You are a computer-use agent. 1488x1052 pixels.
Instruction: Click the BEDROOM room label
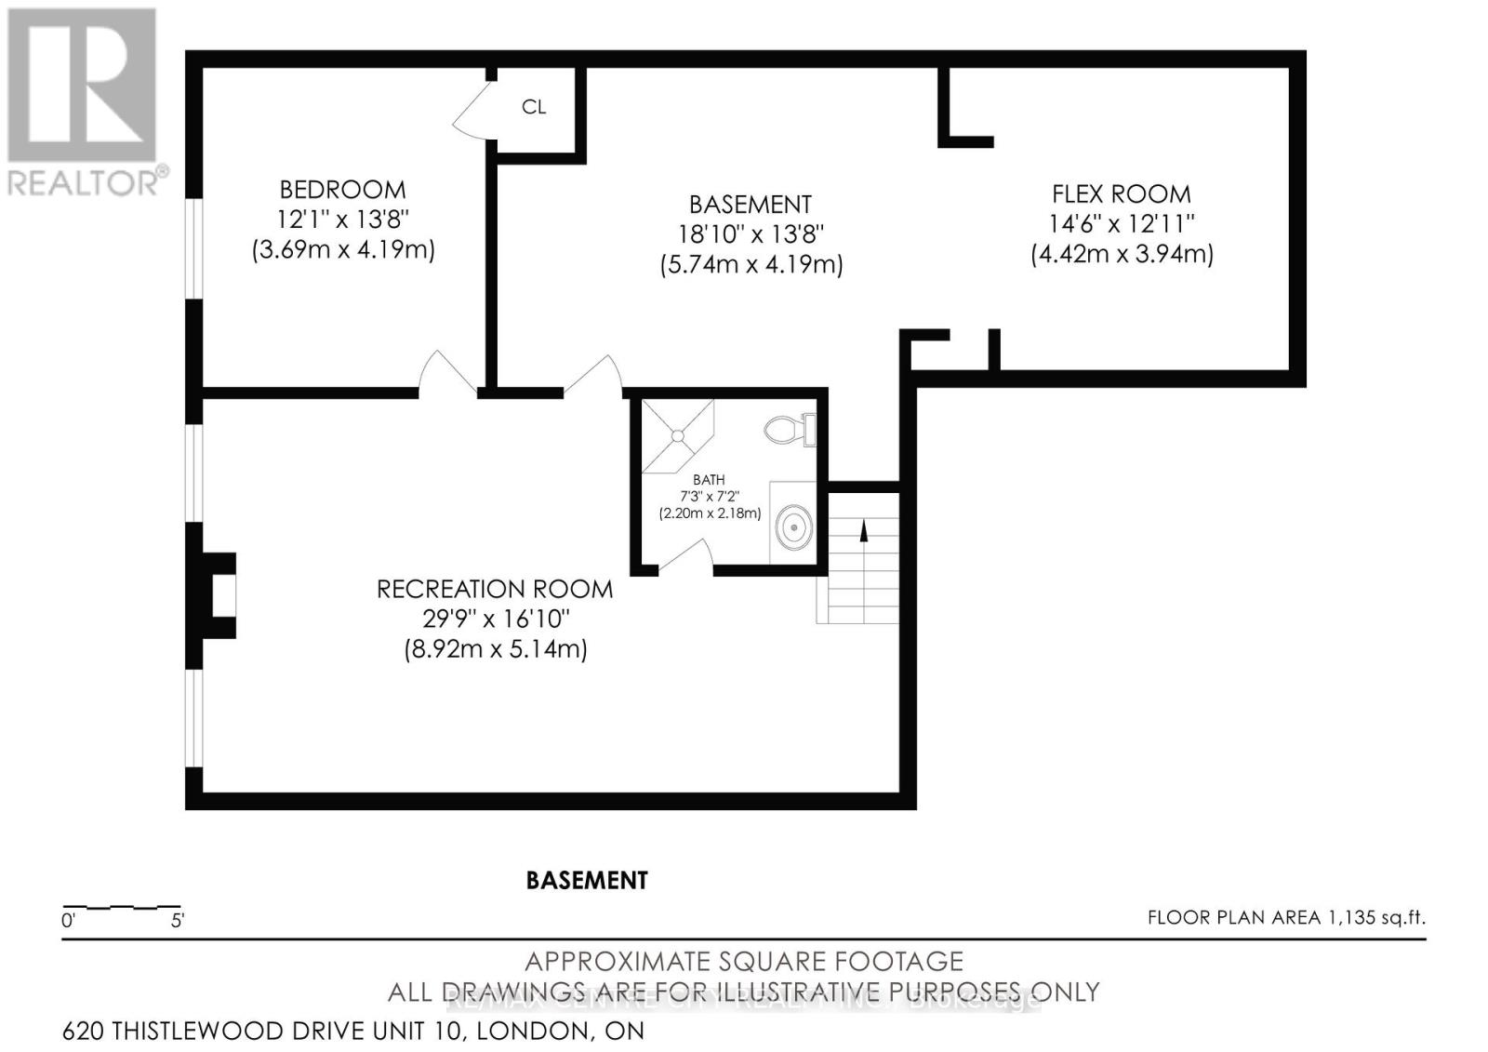tap(342, 190)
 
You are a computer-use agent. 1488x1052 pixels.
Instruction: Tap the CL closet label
tap(534, 107)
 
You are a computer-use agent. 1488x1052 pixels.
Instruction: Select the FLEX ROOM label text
tap(1121, 194)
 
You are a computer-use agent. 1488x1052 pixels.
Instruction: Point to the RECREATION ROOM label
tap(494, 589)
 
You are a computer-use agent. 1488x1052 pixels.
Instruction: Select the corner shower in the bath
tap(676, 433)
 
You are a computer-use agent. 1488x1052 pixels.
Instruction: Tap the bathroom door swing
tap(686, 556)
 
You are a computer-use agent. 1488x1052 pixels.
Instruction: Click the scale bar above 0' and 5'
tap(121, 906)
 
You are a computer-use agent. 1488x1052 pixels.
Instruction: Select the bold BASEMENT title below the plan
tap(587, 880)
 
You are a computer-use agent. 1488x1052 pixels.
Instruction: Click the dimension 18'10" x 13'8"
tap(751, 234)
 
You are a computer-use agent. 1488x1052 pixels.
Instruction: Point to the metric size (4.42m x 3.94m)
tap(1122, 254)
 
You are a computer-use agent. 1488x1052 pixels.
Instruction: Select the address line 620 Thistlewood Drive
tap(353, 1031)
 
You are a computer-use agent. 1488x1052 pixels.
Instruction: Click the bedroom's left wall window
tap(193, 248)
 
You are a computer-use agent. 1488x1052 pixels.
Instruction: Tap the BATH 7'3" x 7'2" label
tap(710, 496)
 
